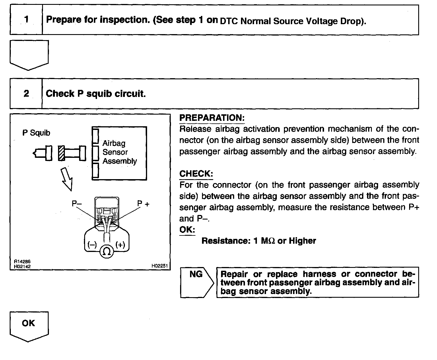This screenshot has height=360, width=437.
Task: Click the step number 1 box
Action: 26,20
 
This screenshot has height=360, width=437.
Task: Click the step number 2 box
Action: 26,94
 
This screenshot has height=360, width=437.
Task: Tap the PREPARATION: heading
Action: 212,118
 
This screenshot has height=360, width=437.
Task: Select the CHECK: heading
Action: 196,174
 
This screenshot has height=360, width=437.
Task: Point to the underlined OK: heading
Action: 187,230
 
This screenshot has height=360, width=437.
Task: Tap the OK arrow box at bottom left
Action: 29,327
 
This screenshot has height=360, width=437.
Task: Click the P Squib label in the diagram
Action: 36,133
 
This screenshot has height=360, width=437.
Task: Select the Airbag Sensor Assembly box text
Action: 119,152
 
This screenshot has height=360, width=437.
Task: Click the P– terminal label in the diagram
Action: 77,203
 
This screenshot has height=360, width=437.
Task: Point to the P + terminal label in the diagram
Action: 143,203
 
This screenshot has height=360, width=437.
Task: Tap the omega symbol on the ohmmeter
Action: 107,252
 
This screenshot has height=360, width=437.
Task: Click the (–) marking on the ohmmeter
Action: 92,245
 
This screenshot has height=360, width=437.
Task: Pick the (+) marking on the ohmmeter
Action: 120,245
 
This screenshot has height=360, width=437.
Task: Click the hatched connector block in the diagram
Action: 61,153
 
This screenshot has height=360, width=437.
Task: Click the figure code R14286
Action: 22,262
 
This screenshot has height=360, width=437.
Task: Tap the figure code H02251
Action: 160,266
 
